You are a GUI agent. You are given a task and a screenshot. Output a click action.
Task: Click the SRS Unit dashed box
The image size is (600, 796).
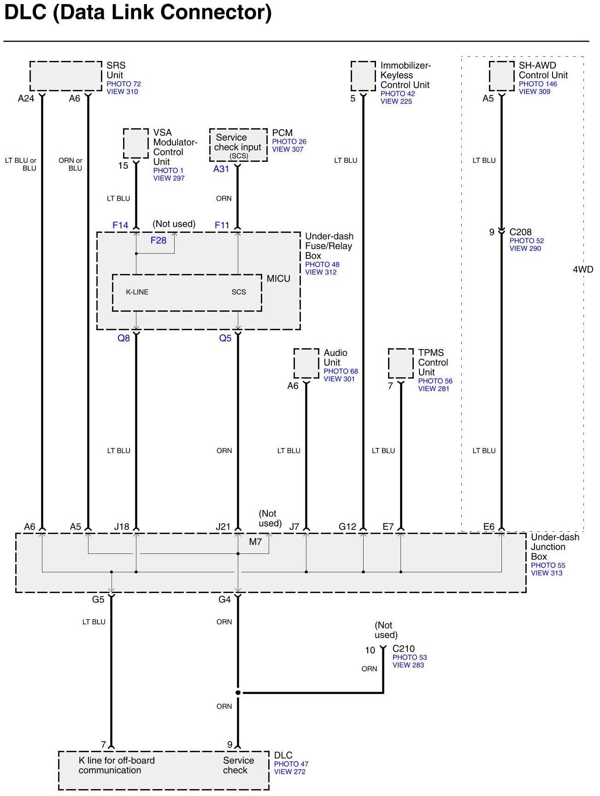[65, 76]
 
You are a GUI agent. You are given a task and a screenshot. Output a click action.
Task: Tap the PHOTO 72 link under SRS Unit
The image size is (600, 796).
[124, 84]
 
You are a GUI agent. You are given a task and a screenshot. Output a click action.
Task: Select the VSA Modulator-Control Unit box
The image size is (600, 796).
[136, 143]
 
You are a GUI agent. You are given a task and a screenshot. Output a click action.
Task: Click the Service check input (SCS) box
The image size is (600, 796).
[238, 145]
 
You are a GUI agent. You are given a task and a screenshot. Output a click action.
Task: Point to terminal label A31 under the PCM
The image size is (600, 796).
[221, 169]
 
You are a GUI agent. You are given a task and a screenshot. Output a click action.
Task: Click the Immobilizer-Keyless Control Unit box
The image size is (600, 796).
[363, 76]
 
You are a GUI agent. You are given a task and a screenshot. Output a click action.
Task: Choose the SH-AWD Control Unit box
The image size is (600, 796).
[501, 76]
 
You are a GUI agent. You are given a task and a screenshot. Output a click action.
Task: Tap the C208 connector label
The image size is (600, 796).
[520, 232]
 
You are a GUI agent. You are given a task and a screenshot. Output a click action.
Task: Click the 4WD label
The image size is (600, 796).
[583, 269]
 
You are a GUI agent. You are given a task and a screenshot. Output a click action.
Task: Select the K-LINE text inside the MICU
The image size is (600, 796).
[137, 292]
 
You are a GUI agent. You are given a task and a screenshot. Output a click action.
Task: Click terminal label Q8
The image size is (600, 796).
[124, 338]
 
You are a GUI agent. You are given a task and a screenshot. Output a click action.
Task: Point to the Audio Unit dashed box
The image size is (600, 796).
[306, 363]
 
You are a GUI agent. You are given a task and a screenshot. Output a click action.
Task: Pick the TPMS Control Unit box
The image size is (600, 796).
[400, 363]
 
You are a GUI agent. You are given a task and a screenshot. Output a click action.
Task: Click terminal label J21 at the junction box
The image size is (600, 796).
[223, 527]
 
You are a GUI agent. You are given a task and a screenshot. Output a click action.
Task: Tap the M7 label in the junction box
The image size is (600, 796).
[255, 542]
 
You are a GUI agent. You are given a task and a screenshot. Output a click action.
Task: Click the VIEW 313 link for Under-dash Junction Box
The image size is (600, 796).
[547, 573]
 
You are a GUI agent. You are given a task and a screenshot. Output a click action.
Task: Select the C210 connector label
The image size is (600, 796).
[403, 649]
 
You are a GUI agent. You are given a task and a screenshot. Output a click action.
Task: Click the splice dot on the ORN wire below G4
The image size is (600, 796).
[238, 693]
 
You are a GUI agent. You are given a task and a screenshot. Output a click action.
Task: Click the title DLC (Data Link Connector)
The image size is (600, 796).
[138, 13]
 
